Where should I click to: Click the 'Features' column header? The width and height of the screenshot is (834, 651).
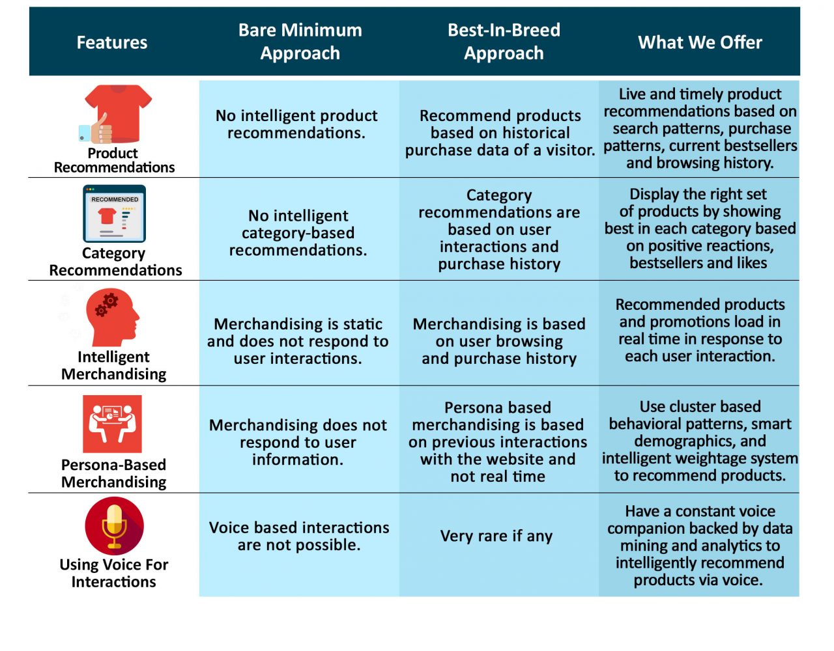(x=111, y=42)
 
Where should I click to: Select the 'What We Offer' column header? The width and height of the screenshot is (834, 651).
(x=700, y=42)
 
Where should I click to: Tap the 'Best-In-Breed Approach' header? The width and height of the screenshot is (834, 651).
(x=504, y=42)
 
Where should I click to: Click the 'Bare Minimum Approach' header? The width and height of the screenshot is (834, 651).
(x=300, y=42)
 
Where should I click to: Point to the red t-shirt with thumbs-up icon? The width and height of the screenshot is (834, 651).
(x=115, y=114)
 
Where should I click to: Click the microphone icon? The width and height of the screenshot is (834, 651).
(x=115, y=525)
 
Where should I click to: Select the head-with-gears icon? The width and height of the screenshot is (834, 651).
(x=113, y=317)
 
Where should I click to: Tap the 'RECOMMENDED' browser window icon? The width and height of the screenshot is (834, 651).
(x=115, y=214)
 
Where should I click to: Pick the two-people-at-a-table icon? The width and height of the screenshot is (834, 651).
(x=112, y=424)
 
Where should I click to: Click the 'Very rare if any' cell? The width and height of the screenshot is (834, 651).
(x=496, y=536)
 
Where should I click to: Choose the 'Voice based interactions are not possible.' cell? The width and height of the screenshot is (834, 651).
(x=299, y=536)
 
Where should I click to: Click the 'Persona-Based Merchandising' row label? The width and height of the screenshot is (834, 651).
(x=113, y=473)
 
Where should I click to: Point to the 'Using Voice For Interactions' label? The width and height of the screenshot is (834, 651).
(x=113, y=573)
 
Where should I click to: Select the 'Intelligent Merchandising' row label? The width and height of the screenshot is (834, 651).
(x=113, y=365)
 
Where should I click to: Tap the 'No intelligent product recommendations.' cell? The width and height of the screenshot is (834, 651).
(x=296, y=124)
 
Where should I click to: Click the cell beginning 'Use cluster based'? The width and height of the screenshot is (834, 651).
(x=700, y=441)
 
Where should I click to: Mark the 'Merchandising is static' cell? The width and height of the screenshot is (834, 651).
(x=298, y=341)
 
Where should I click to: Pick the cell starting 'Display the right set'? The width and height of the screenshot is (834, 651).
(x=700, y=228)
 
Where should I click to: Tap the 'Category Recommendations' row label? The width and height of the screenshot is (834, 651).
(x=115, y=262)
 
